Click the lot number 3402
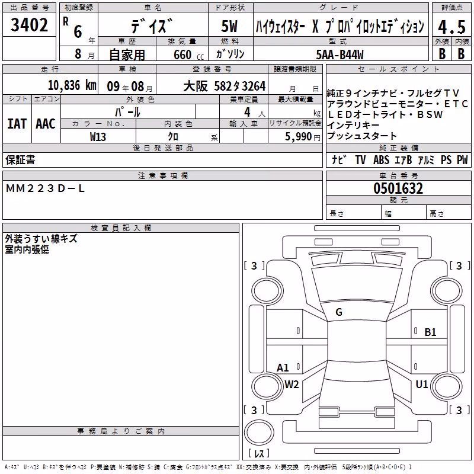(x=29, y=24)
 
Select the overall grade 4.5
(x=451, y=27)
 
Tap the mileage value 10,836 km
(x=72, y=85)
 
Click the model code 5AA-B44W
(x=340, y=55)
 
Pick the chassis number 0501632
(x=398, y=188)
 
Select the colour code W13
(x=98, y=137)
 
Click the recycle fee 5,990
(x=299, y=137)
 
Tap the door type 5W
(x=229, y=26)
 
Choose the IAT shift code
(x=17, y=124)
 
